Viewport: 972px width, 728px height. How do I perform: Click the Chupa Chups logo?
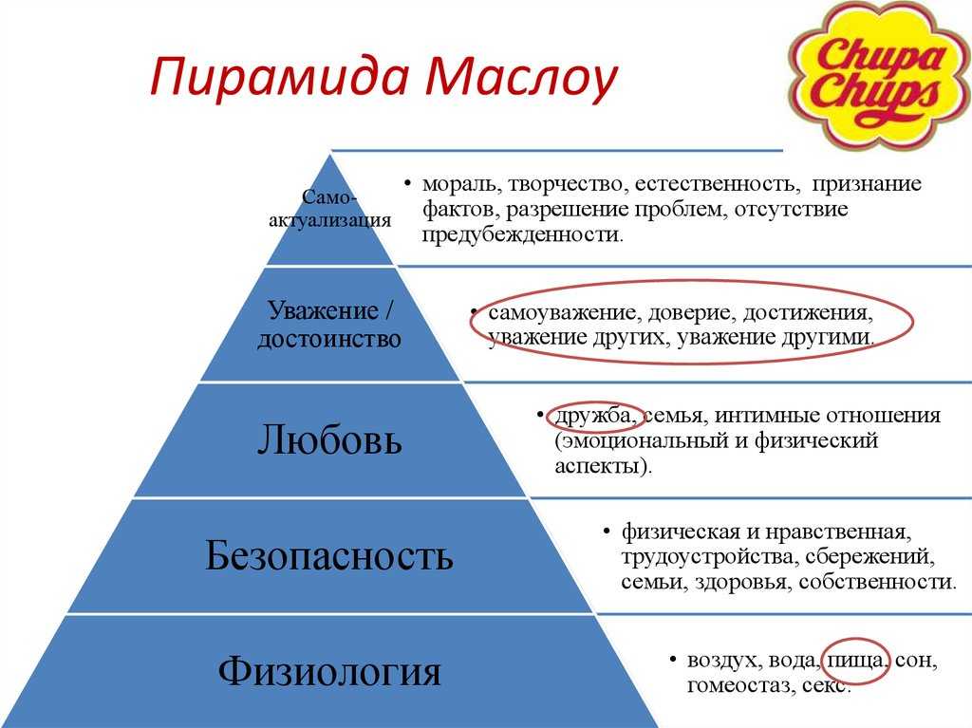pyautogui.click(x=879, y=74)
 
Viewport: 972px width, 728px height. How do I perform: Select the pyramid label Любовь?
pyautogui.click(x=329, y=439)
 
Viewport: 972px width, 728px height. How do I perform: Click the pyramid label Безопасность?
pyautogui.click(x=329, y=555)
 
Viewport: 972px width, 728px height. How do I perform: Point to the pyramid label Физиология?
pyautogui.click(x=329, y=671)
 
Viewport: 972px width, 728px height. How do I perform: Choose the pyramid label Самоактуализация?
pyautogui.click(x=329, y=209)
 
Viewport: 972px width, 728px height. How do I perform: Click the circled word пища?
pyautogui.click(x=855, y=661)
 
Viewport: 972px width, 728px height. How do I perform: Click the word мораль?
pyautogui.click(x=463, y=183)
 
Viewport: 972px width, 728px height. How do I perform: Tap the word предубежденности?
pyautogui.click(x=522, y=235)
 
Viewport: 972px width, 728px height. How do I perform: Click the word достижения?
pyautogui.click(x=808, y=312)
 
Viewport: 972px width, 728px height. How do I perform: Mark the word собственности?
pyautogui.click(x=877, y=582)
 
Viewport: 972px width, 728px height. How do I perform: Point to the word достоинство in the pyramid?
pyautogui.click(x=329, y=339)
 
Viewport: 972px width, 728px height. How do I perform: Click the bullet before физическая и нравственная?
pyautogui.click(x=607, y=532)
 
